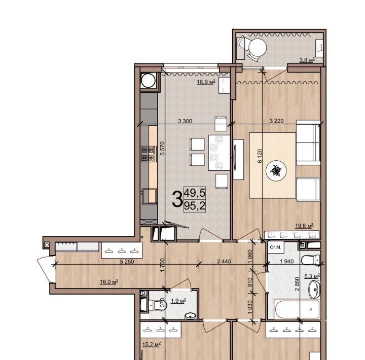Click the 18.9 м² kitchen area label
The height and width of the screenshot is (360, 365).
point(206,82)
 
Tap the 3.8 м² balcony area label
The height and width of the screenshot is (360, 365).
point(307,60)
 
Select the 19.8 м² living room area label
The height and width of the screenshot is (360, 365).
point(304,226)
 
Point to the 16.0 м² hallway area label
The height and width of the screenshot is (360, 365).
point(109,282)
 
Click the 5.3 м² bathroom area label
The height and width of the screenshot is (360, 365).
point(312,276)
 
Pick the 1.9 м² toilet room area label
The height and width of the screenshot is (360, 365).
point(178,301)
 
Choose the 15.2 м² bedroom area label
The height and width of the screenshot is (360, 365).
point(151,344)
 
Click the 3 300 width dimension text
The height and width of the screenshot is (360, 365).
point(185,121)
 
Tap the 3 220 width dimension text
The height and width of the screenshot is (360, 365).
point(277,121)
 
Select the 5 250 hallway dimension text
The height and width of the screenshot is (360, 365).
point(127,262)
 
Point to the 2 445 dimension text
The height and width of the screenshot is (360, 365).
point(224,262)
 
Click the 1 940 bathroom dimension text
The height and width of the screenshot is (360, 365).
point(286,262)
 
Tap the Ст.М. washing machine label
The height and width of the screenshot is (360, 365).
point(275,247)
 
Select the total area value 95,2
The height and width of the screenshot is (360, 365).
point(195,206)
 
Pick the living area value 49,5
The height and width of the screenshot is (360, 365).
point(195,193)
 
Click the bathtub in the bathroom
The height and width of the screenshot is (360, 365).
point(298,309)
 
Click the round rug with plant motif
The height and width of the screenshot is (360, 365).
point(276,171)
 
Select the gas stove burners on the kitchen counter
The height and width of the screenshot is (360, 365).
point(148,154)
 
